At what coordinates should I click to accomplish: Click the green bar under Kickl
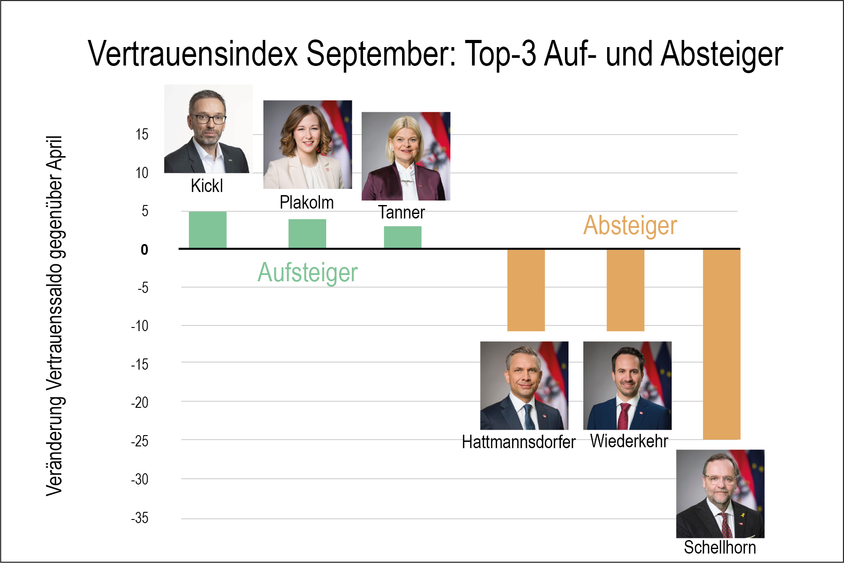click(207, 230)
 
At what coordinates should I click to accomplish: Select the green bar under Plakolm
click(307, 233)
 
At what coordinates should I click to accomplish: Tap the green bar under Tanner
click(402, 237)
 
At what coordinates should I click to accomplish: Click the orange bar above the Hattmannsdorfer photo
click(526, 290)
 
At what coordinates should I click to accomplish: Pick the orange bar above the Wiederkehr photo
click(625, 290)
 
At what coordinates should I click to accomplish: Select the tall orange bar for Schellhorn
click(721, 344)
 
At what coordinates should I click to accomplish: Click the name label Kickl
click(207, 186)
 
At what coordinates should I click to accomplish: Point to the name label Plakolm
click(306, 202)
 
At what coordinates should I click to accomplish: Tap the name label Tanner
click(401, 212)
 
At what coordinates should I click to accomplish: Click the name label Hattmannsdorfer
click(518, 442)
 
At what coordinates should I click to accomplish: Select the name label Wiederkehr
click(629, 441)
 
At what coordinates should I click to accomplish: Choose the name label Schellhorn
click(720, 547)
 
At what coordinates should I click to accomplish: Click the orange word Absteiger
click(630, 225)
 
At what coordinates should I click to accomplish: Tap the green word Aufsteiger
click(308, 272)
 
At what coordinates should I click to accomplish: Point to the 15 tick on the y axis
click(142, 134)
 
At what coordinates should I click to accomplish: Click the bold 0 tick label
click(144, 249)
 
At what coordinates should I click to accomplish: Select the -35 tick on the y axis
click(140, 518)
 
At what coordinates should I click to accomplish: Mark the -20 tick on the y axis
click(140, 403)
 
